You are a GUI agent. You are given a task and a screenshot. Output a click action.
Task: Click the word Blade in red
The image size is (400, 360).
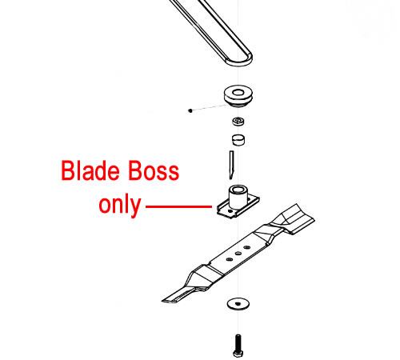pyautogui.click(x=90, y=170)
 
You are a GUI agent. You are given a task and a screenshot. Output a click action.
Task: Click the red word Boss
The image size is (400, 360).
pyautogui.click(x=154, y=170)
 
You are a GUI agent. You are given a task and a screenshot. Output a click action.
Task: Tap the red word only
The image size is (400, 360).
pyautogui.click(x=120, y=205)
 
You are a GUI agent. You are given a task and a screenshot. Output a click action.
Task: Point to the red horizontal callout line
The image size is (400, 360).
pyautogui.click(x=178, y=206)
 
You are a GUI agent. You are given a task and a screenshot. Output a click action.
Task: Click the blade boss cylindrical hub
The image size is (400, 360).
pyautogui.click(x=238, y=197)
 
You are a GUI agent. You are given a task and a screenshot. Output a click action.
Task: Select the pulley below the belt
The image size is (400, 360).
pyautogui.click(x=238, y=96)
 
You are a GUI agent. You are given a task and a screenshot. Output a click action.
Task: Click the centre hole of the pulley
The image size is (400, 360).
pyautogui.click(x=238, y=93)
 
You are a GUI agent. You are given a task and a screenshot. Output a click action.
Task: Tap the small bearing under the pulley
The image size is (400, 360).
pyautogui.click(x=238, y=122)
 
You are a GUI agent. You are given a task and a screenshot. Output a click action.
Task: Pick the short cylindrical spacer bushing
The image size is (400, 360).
pyautogui.click(x=238, y=140)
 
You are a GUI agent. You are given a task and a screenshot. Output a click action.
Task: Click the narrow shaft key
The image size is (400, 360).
pyautogui.click(x=231, y=165)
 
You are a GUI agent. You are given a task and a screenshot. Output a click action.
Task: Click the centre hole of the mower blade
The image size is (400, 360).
pyautogui.click(x=238, y=253)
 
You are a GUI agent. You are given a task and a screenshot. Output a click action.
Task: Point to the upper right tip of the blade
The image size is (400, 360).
pyautogui.click(x=297, y=205)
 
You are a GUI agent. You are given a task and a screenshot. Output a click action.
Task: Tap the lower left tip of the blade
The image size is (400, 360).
pyautogui.click(x=163, y=301)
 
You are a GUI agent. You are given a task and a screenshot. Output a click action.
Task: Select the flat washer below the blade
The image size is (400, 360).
pyautogui.click(x=238, y=304)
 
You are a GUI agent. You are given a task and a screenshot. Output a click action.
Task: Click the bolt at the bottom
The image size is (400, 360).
pyautogui.click(x=238, y=346)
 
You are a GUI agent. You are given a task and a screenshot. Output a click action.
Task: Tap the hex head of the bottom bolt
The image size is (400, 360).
pyautogui.click(x=238, y=354)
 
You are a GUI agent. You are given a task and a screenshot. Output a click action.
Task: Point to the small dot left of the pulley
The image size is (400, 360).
pyautogui.click(x=190, y=110)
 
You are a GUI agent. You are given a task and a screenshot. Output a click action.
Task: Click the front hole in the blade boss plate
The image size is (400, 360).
pyautogui.click(x=230, y=210)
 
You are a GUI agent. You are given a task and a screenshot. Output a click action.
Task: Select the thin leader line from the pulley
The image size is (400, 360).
pyautogui.click(x=210, y=108)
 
